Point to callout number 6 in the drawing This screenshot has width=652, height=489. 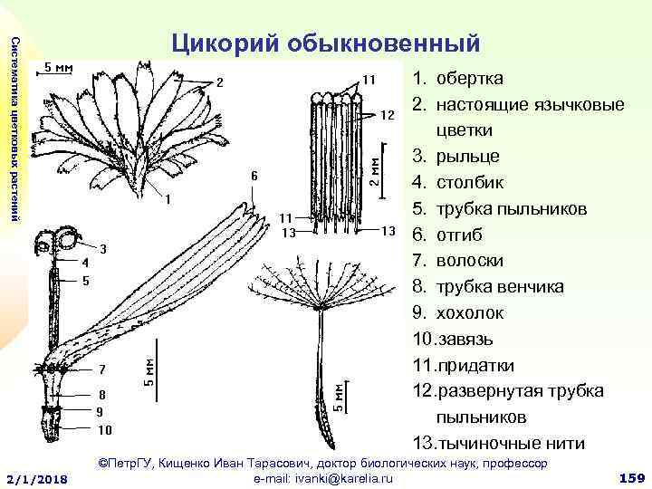254,176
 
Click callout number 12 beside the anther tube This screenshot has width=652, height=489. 387,115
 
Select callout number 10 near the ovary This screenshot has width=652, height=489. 105,429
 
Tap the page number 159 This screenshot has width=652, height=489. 628,476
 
